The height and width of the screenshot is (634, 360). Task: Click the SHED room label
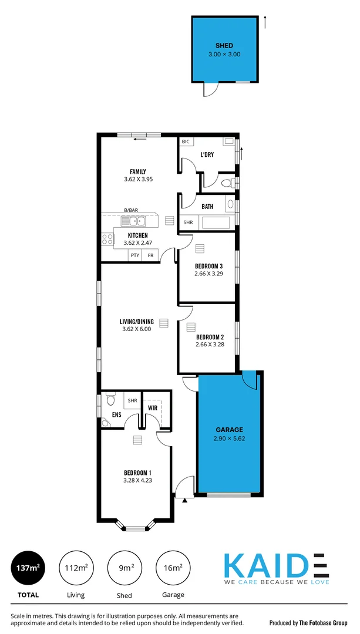(224, 45)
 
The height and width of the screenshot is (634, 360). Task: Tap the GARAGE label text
(228, 430)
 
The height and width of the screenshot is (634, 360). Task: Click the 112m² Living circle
(75, 568)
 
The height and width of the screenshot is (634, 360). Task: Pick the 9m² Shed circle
(124, 568)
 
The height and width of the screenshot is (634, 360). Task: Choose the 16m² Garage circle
(173, 568)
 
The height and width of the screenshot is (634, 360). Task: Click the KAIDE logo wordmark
(275, 565)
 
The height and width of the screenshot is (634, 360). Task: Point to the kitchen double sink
(133, 221)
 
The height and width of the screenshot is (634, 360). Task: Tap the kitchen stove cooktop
(108, 238)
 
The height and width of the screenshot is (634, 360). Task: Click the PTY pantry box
(135, 255)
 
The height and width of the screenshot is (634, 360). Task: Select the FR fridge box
(151, 255)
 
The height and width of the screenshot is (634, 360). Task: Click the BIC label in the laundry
(186, 142)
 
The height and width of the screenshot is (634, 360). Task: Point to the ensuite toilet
(109, 402)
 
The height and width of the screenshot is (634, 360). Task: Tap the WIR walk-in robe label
(153, 407)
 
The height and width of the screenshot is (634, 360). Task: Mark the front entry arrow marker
(185, 501)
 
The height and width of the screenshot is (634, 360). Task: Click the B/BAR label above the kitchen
(130, 210)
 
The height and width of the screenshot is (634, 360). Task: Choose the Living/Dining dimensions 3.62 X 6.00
(137, 329)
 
